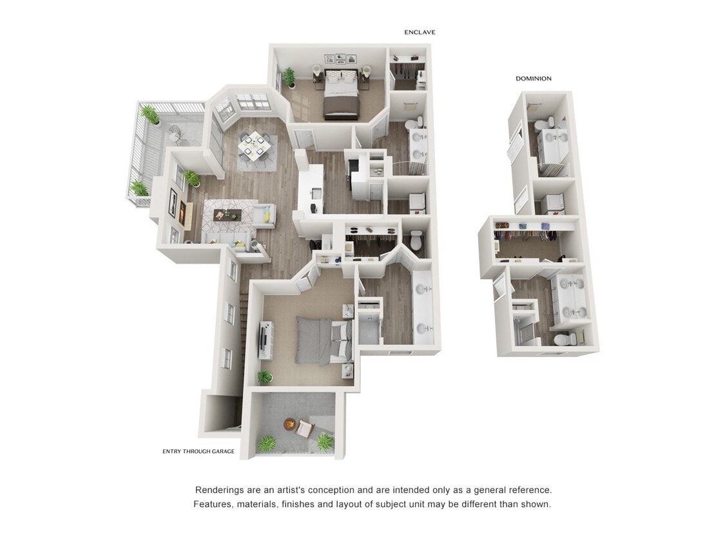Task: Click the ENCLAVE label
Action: pos(420,32)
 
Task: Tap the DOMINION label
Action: pos(533,79)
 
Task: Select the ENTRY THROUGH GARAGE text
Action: pos(198,451)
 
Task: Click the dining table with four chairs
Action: pos(256,146)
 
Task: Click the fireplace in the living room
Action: pos(182,213)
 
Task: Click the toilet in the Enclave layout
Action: pos(416,241)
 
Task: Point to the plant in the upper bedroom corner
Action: pos(289,76)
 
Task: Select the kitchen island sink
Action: pos(315,193)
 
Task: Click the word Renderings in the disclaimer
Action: pos(220,490)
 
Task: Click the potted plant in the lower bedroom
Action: pos(265,376)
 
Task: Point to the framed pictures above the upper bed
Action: pos(340,58)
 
